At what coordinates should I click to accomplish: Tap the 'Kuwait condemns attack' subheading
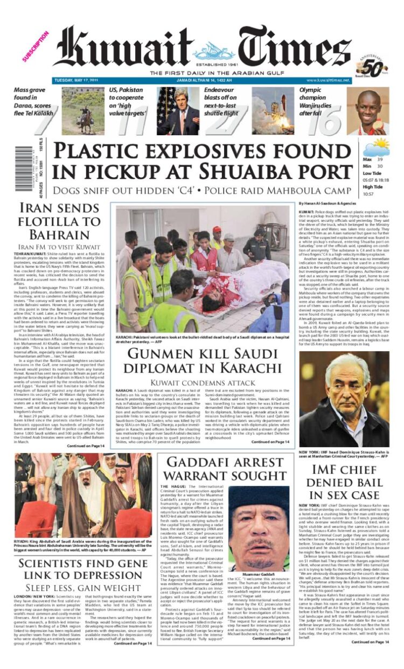pyautogui.click(x=202, y=382)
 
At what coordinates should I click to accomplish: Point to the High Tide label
pyautogui.click(x=372, y=187)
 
